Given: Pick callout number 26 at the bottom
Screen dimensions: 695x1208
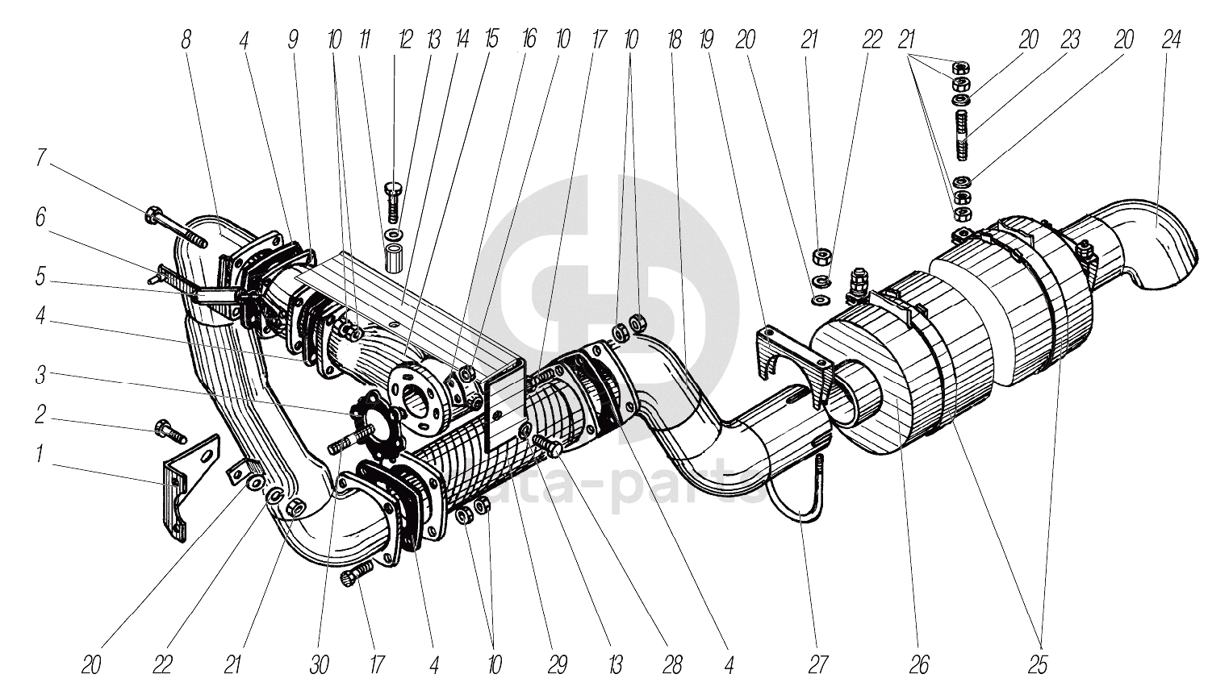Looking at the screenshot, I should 919,665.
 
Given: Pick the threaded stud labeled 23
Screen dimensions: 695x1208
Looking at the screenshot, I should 960,135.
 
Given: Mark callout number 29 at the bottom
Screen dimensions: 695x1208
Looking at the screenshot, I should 557,665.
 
